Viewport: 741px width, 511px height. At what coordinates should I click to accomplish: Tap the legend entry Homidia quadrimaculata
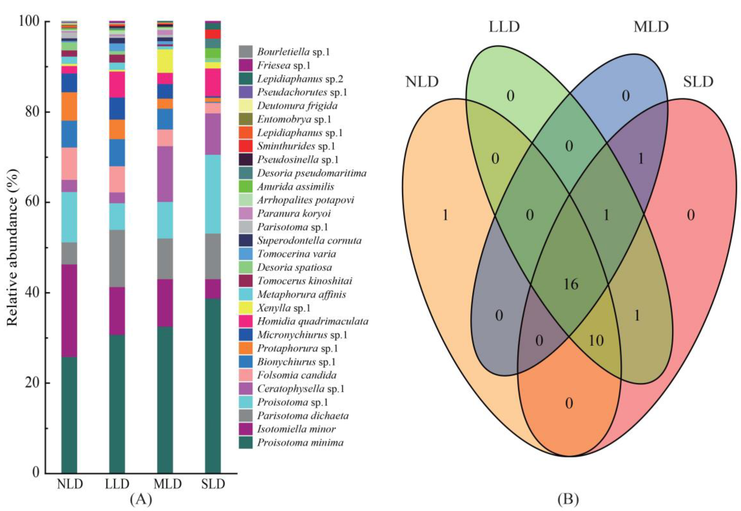pos(313,321)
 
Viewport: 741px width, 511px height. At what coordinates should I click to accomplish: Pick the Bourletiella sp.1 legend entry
pos(293,52)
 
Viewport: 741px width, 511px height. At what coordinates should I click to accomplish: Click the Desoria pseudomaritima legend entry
pos(312,173)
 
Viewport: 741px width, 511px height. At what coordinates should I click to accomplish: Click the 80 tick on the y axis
pos(33,112)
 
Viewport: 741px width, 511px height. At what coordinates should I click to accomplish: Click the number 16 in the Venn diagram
pos(571,284)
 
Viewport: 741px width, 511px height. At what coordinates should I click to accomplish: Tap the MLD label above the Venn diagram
pos(651,27)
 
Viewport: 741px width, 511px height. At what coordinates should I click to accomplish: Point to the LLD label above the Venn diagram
pos(504,27)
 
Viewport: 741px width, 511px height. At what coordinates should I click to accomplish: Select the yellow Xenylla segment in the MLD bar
pos(165,61)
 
